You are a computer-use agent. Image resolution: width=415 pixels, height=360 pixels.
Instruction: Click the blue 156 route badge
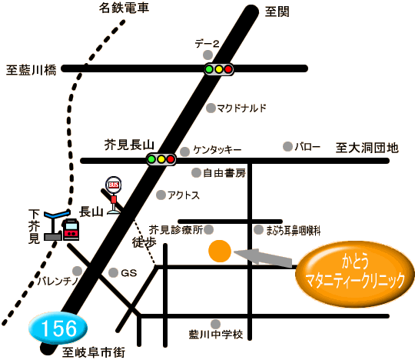coord(58,328)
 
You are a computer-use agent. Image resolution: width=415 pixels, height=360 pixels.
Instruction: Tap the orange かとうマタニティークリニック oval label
coord(355,274)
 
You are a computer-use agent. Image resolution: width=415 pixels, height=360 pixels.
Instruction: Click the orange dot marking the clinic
coord(220,251)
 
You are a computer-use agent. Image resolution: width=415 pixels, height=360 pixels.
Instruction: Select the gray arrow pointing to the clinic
coord(264,258)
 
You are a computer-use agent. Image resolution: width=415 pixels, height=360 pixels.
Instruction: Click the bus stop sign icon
coord(114,195)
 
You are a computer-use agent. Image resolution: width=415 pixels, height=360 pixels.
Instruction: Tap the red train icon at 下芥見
coord(71,229)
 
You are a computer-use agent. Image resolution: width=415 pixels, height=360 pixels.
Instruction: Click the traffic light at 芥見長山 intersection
coord(161,159)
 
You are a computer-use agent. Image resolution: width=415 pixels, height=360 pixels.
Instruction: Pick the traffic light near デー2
coord(218,69)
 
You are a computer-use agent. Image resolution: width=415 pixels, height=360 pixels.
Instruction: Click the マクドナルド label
coord(241,108)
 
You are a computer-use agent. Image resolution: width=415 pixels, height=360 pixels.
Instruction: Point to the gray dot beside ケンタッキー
coord(184,152)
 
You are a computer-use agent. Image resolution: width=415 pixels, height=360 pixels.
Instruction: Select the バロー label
coord(307,146)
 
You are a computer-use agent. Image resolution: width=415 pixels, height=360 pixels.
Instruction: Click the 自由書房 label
coord(224,173)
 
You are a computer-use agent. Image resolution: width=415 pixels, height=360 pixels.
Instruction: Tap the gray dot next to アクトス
coord(161,195)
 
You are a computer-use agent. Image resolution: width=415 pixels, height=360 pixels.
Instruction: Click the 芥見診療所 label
coord(176,230)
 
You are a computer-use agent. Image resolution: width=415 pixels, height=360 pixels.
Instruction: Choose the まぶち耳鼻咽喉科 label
coord(293,231)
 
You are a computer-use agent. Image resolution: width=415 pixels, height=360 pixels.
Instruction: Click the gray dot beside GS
coord(113,272)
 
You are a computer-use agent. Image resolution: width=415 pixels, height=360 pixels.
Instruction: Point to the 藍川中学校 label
coord(216,335)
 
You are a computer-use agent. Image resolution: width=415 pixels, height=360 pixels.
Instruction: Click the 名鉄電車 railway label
coord(124,8)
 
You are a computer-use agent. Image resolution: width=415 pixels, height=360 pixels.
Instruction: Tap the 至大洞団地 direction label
coord(367,148)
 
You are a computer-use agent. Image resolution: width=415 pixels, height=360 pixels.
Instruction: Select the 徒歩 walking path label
coord(144,242)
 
